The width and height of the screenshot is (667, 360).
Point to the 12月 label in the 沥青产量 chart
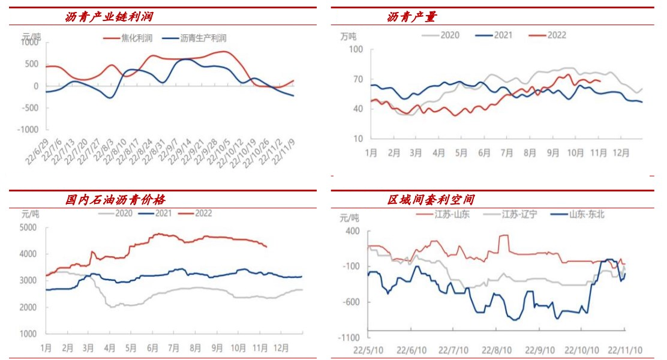tap(620, 153)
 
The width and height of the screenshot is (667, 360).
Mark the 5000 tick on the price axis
tap(28, 227)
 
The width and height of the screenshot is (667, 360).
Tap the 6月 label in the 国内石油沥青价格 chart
tap(152, 348)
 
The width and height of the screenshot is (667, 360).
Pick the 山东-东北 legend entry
tap(587, 214)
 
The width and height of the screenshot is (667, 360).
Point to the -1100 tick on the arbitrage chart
tap(349, 338)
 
